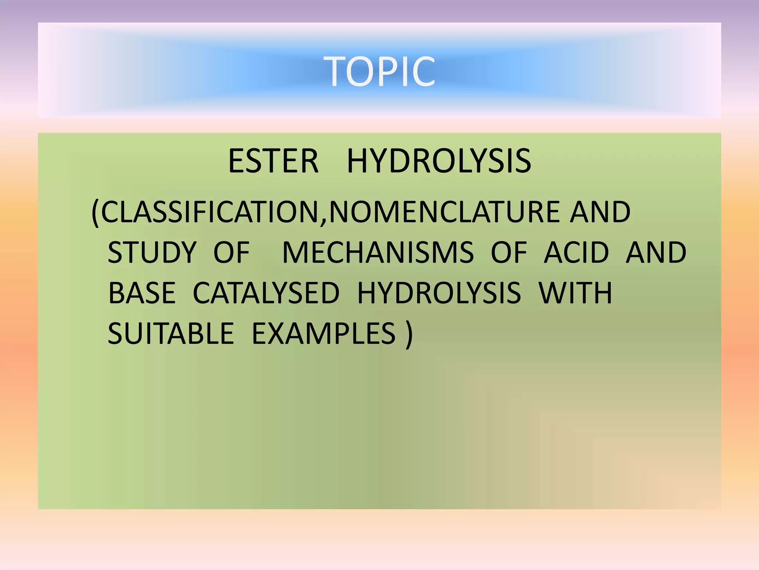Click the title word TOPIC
379,71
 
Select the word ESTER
273,161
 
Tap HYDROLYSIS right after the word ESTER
439,161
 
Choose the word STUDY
152,252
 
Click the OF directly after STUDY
232,252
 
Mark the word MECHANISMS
378,252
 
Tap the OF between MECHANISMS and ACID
509,252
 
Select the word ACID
576,252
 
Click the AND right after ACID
656,252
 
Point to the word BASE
142,293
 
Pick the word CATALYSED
266,293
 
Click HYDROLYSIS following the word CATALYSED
439,293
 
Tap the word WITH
575,293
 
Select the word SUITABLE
171,333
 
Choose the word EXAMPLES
324,333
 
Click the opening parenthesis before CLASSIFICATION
95,212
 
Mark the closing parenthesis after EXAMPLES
408,334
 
